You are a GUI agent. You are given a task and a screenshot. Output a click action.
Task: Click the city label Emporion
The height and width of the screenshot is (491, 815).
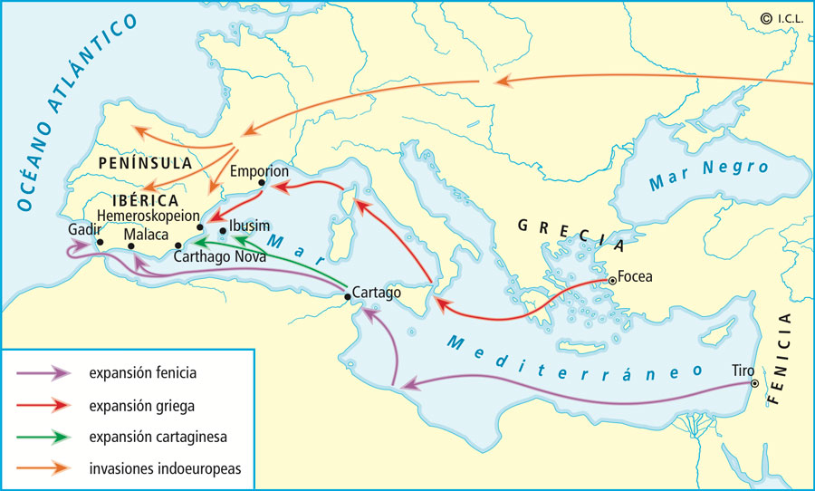pyautogui.click(x=260, y=171)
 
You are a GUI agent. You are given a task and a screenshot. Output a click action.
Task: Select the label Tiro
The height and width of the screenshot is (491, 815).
pyautogui.click(x=743, y=370)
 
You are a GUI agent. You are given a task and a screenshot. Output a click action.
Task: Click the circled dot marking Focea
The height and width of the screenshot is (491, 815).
pyautogui.click(x=613, y=280)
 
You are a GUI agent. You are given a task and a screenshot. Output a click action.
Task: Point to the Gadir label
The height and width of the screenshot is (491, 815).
pyautogui.click(x=83, y=230)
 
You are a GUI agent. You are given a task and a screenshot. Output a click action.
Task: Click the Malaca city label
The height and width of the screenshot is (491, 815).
pyautogui.click(x=146, y=235)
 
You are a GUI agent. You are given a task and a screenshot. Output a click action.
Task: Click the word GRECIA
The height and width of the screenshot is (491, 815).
pyautogui.click(x=569, y=232)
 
